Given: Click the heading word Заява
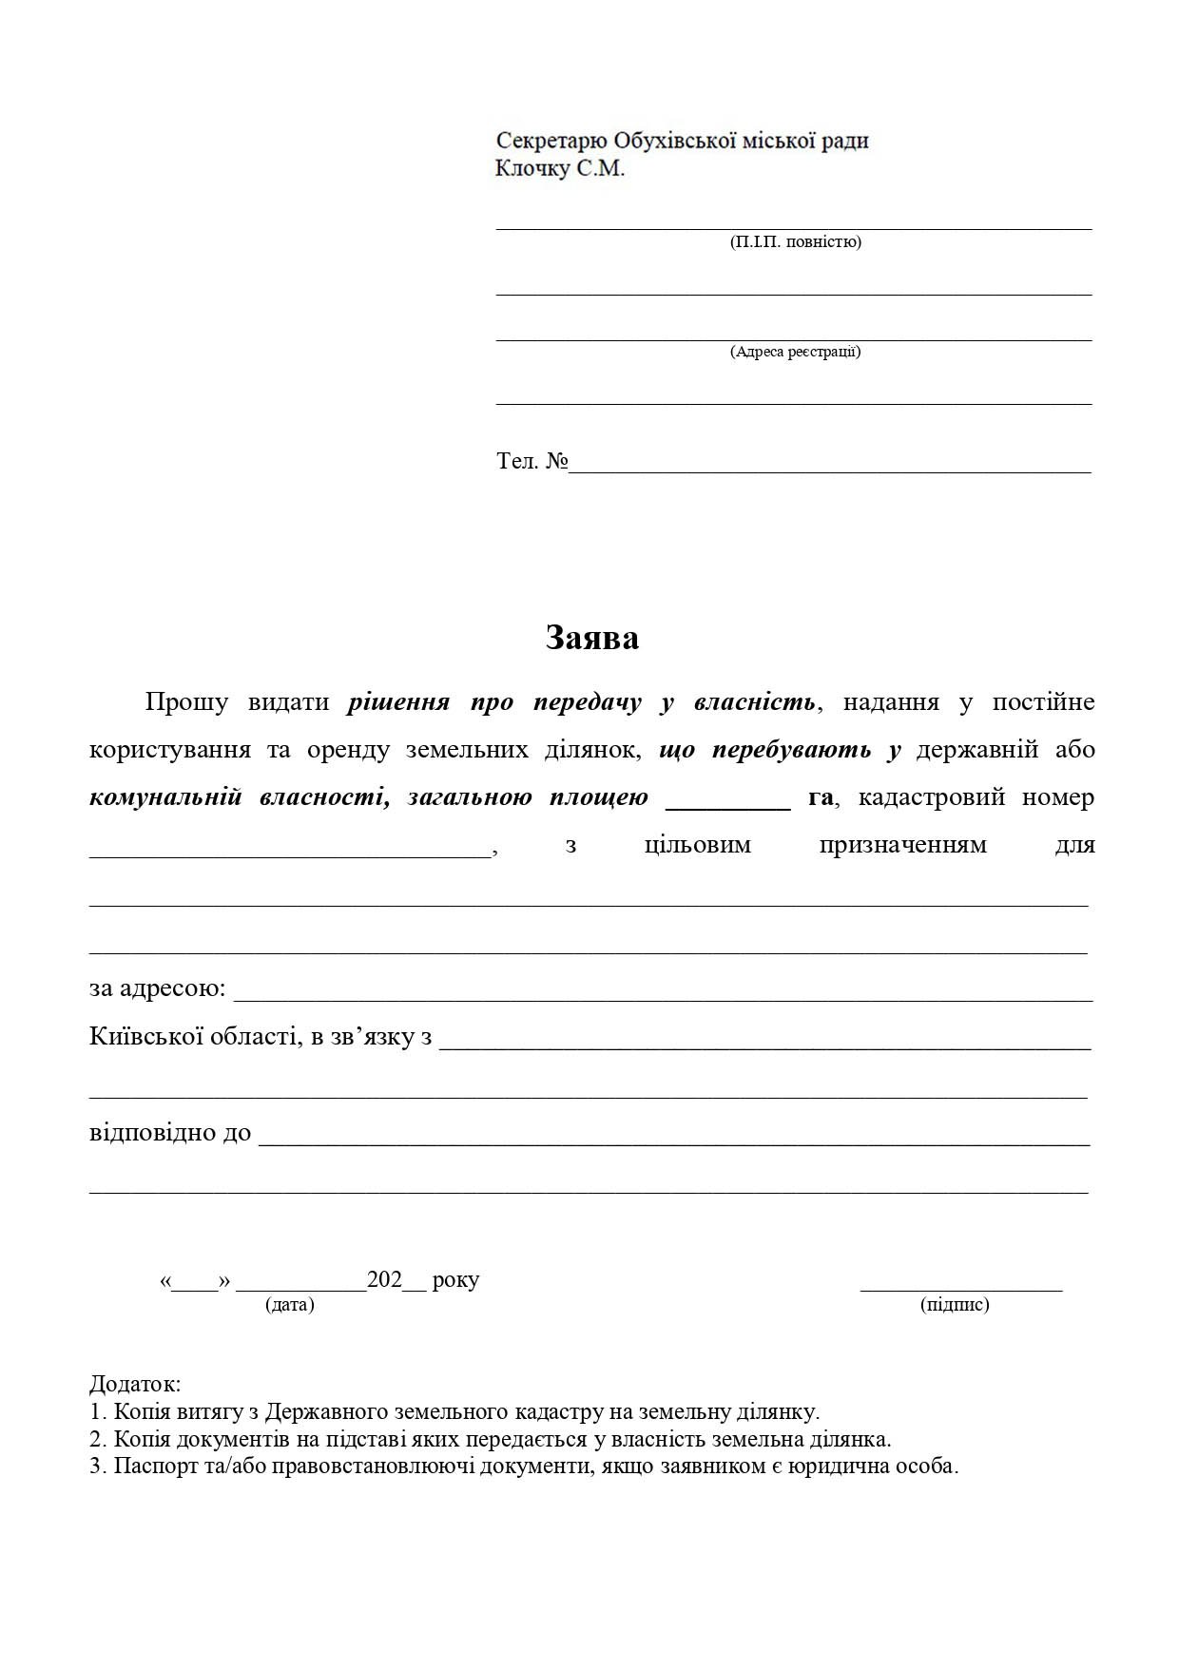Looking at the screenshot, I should (591, 638).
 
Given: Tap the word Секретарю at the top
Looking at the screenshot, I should (551, 141).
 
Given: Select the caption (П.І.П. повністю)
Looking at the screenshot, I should (795, 241).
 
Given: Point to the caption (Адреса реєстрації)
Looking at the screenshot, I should (795, 352).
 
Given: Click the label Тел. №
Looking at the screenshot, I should (532, 461).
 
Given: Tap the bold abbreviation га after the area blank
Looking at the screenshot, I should (821, 797).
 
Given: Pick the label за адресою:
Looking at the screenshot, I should (157, 988).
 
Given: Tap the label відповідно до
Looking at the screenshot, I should (170, 1132).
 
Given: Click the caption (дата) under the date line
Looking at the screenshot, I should (290, 1304).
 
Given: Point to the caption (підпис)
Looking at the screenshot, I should (955, 1304).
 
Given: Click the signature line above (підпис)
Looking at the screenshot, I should (960, 1288).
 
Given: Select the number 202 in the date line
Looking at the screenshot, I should (384, 1279).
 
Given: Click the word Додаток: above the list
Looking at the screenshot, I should (135, 1384).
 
